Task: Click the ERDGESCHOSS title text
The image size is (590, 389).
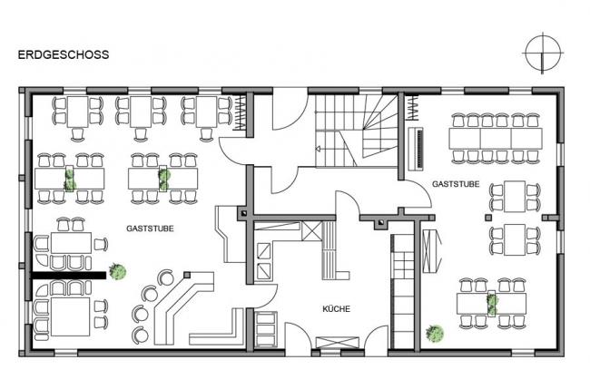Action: tap(64, 55)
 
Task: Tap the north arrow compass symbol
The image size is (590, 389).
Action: tap(542, 53)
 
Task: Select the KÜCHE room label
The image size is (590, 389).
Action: tap(337, 309)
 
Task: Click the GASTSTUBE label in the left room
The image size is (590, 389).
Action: tap(150, 229)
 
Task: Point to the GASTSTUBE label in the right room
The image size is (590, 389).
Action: tap(456, 184)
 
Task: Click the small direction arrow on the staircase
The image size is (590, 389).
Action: tap(318, 149)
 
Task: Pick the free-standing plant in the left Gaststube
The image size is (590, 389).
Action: tap(117, 271)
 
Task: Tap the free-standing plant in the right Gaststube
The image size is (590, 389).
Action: tap(435, 334)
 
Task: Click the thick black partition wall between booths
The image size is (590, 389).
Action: tap(68, 276)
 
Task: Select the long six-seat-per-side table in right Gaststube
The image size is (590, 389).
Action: tap(496, 139)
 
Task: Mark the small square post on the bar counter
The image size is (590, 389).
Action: tap(187, 275)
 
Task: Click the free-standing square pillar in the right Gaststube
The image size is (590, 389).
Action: tap(488, 218)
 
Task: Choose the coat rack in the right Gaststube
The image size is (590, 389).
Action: tap(412, 108)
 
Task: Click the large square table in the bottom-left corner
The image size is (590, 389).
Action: tap(71, 316)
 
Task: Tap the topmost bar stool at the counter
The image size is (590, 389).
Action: tap(165, 277)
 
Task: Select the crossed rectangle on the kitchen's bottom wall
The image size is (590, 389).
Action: tap(337, 343)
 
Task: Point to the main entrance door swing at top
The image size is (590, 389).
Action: tap(290, 109)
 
